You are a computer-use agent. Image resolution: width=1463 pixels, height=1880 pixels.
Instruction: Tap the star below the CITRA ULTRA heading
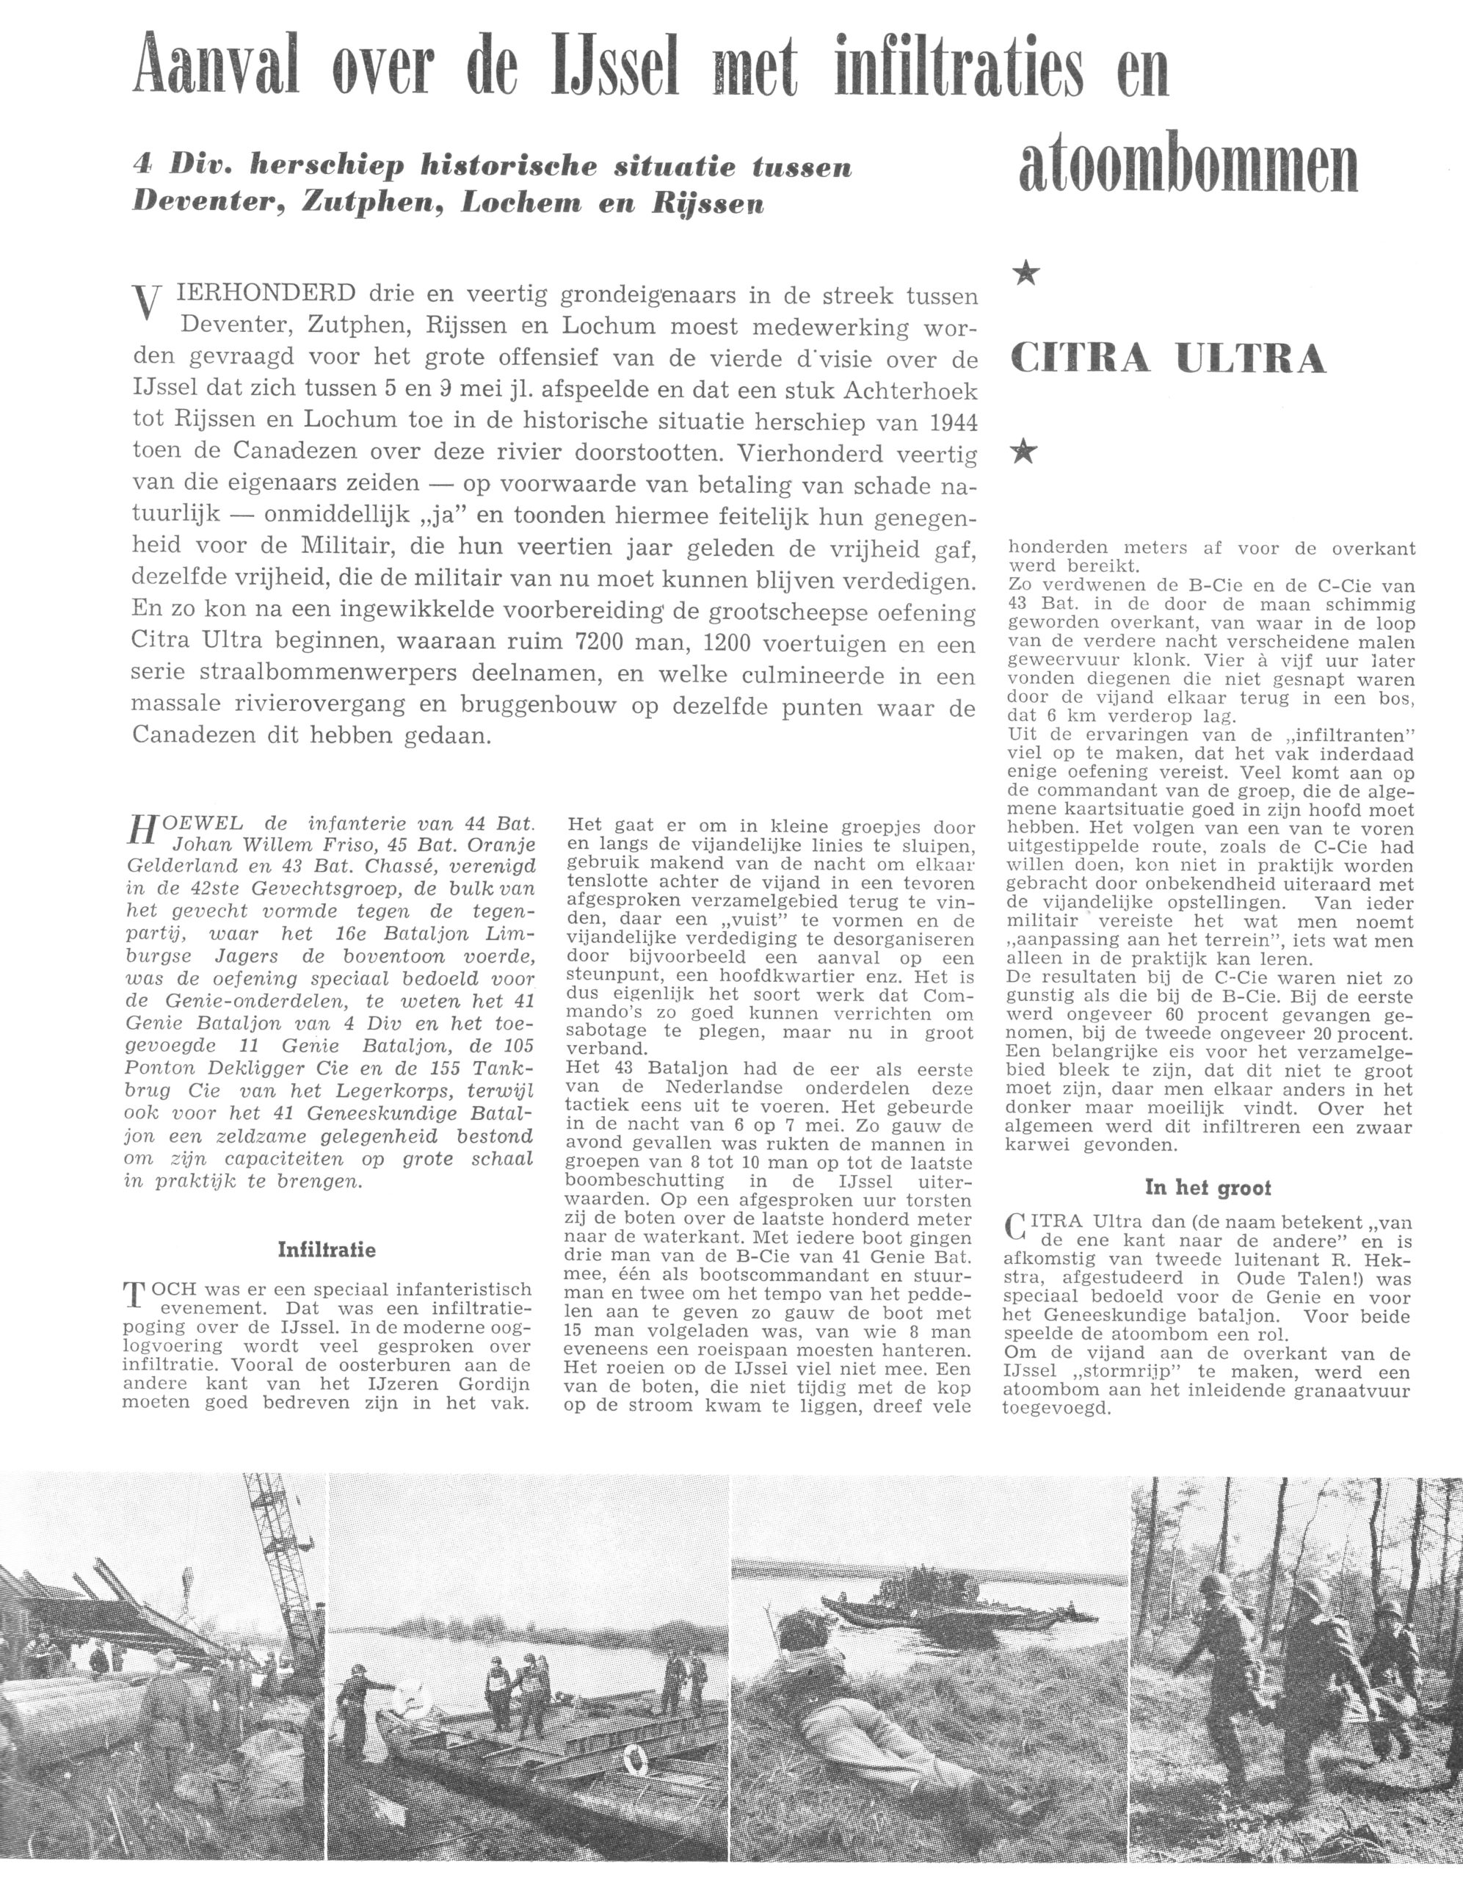(x=1023, y=450)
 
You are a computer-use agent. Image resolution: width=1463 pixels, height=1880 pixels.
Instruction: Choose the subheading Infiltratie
(x=326, y=1249)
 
